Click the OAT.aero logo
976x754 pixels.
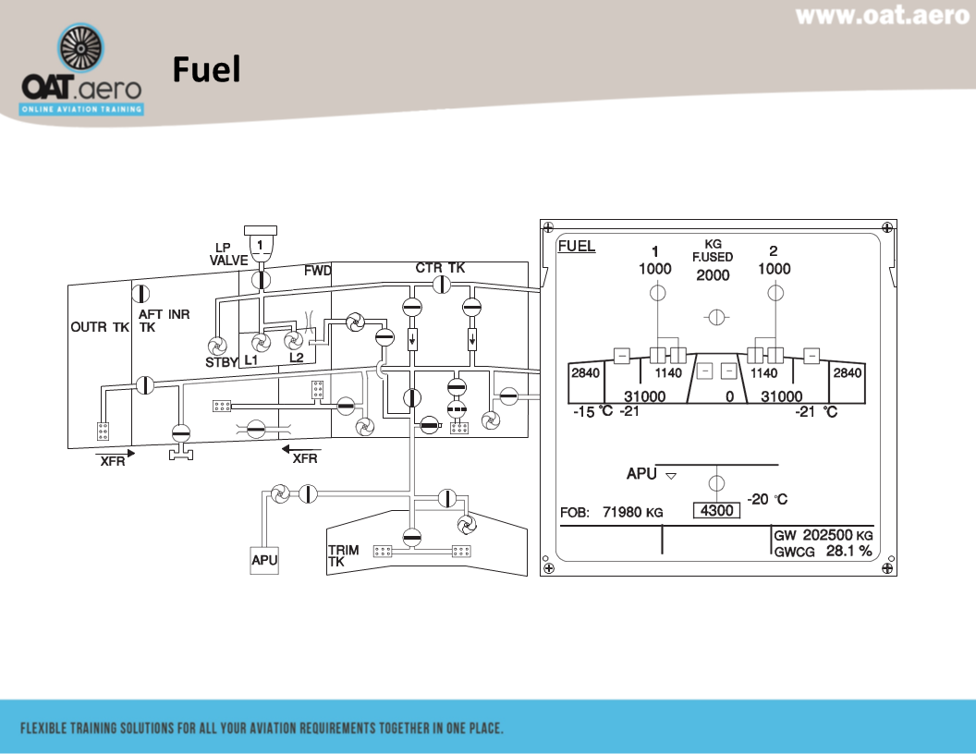82,71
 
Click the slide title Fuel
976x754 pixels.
206,69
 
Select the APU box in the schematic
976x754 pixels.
264,560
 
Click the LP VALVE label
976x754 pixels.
228,254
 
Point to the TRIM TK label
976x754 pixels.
343,555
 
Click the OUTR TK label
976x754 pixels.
100,327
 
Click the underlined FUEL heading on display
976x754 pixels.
577,247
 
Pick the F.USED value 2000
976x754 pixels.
713,275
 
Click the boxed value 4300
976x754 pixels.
716,510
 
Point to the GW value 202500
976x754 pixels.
827,535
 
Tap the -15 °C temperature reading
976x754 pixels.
592,411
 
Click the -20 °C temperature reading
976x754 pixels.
768,499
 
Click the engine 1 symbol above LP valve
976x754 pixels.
262,245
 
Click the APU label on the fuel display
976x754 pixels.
641,474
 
